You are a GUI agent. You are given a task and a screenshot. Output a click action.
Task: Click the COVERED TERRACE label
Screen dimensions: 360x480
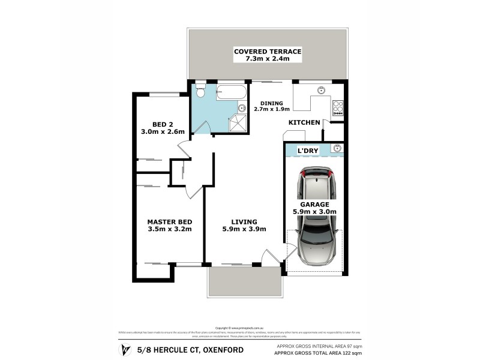pyautogui.click(x=267, y=52)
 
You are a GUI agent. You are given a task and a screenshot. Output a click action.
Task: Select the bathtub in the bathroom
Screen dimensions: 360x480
pyautogui.click(x=230, y=93)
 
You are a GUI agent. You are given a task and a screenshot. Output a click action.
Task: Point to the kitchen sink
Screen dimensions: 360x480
pyautogui.click(x=321, y=91)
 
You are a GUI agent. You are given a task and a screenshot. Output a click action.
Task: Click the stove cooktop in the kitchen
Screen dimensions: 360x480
pyautogui.click(x=337, y=107)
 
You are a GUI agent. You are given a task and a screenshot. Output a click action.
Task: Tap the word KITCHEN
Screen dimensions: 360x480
pyautogui.click(x=304, y=122)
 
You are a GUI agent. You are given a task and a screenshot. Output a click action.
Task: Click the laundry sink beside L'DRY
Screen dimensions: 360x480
pyautogui.click(x=336, y=149)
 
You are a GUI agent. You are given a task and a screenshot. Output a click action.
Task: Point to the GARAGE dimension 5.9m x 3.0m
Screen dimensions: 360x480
pyautogui.click(x=314, y=212)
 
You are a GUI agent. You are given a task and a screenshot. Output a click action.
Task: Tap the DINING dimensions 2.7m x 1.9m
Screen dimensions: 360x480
pyautogui.click(x=272, y=109)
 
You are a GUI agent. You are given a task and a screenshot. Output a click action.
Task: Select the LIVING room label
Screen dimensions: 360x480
pyautogui.click(x=244, y=221)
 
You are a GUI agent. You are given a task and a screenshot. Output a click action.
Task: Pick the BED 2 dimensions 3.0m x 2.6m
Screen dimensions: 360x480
pyautogui.click(x=162, y=131)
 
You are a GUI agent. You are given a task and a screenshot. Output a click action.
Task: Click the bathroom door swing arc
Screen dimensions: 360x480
pyautogui.click(x=203, y=127)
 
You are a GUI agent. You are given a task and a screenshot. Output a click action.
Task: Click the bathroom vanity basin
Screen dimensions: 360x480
pyautogui.click(x=242, y=109)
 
